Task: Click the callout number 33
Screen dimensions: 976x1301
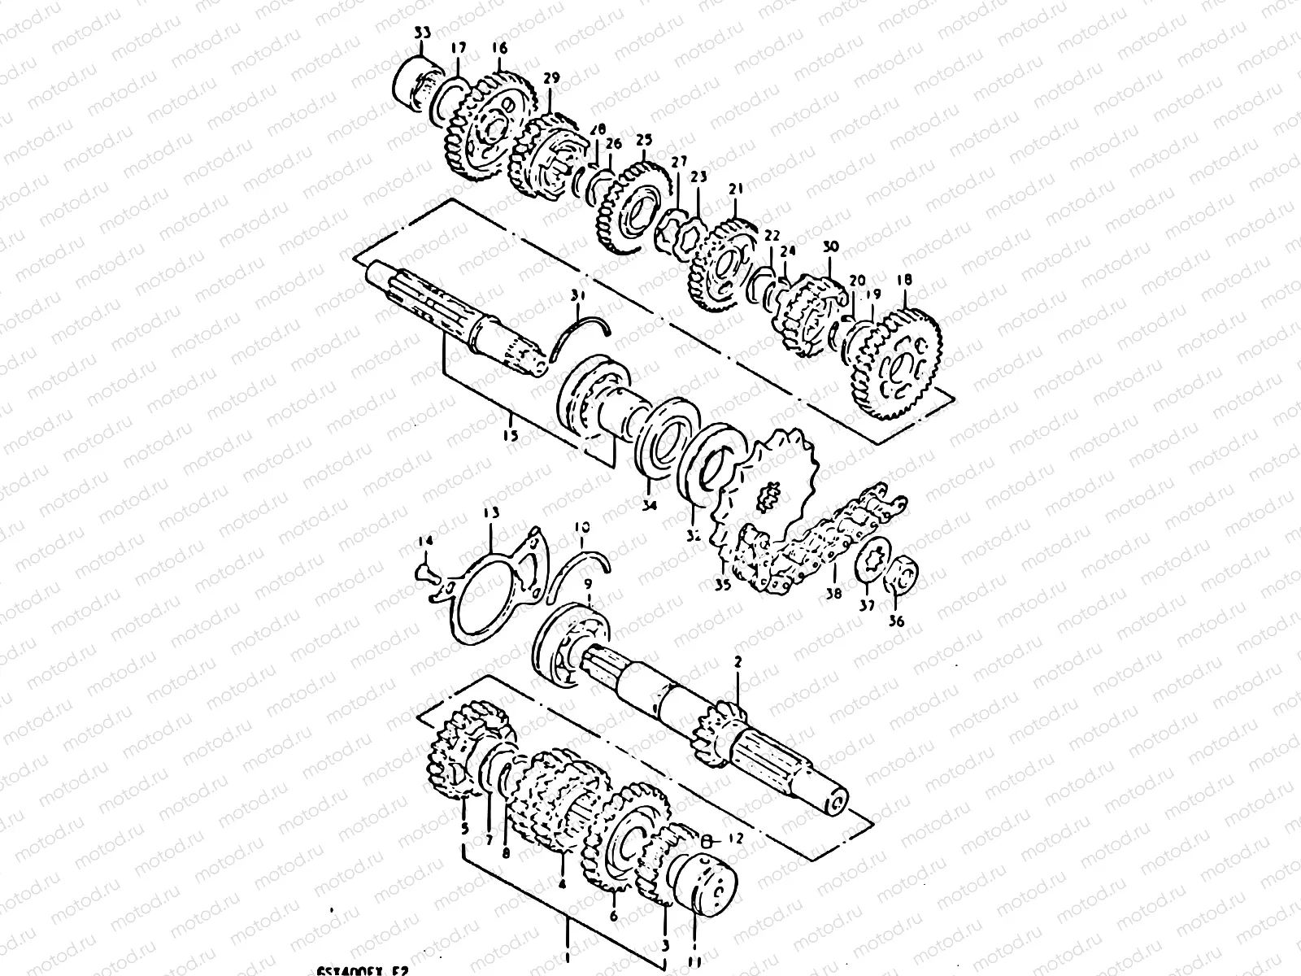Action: click(x=422, y=33)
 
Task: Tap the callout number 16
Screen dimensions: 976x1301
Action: click(x=499, y=49)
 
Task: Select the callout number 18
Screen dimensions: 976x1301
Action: click(x=903, y=281)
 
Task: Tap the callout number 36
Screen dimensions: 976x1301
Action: click(x=897, y=622)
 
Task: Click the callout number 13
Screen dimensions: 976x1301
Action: click(x=491, y=514)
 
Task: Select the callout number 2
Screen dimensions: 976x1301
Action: click(x=738, y=663)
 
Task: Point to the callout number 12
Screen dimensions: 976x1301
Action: click(x=737, y=838)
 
